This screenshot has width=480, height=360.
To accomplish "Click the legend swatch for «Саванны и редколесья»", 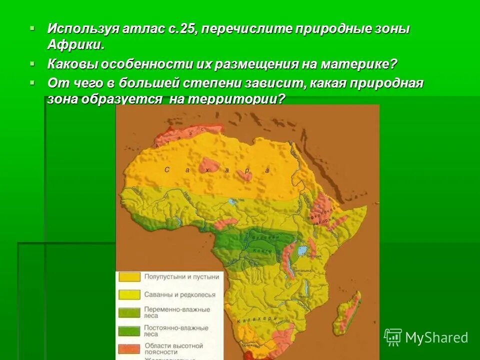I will tap(129, 295).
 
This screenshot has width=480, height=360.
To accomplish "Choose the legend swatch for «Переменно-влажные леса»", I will tap(129, 313).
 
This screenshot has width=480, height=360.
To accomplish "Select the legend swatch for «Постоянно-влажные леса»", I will tap(129, 331).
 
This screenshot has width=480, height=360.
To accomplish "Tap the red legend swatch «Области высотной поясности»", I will tap(129, 348).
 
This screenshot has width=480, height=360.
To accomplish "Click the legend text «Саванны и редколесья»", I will tap(180, 295).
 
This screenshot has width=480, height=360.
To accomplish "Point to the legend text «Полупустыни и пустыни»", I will tap(181, 276).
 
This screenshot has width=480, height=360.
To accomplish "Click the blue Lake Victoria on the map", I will tap(302, 250).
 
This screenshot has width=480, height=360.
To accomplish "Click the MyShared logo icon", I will tap(392, 337).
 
